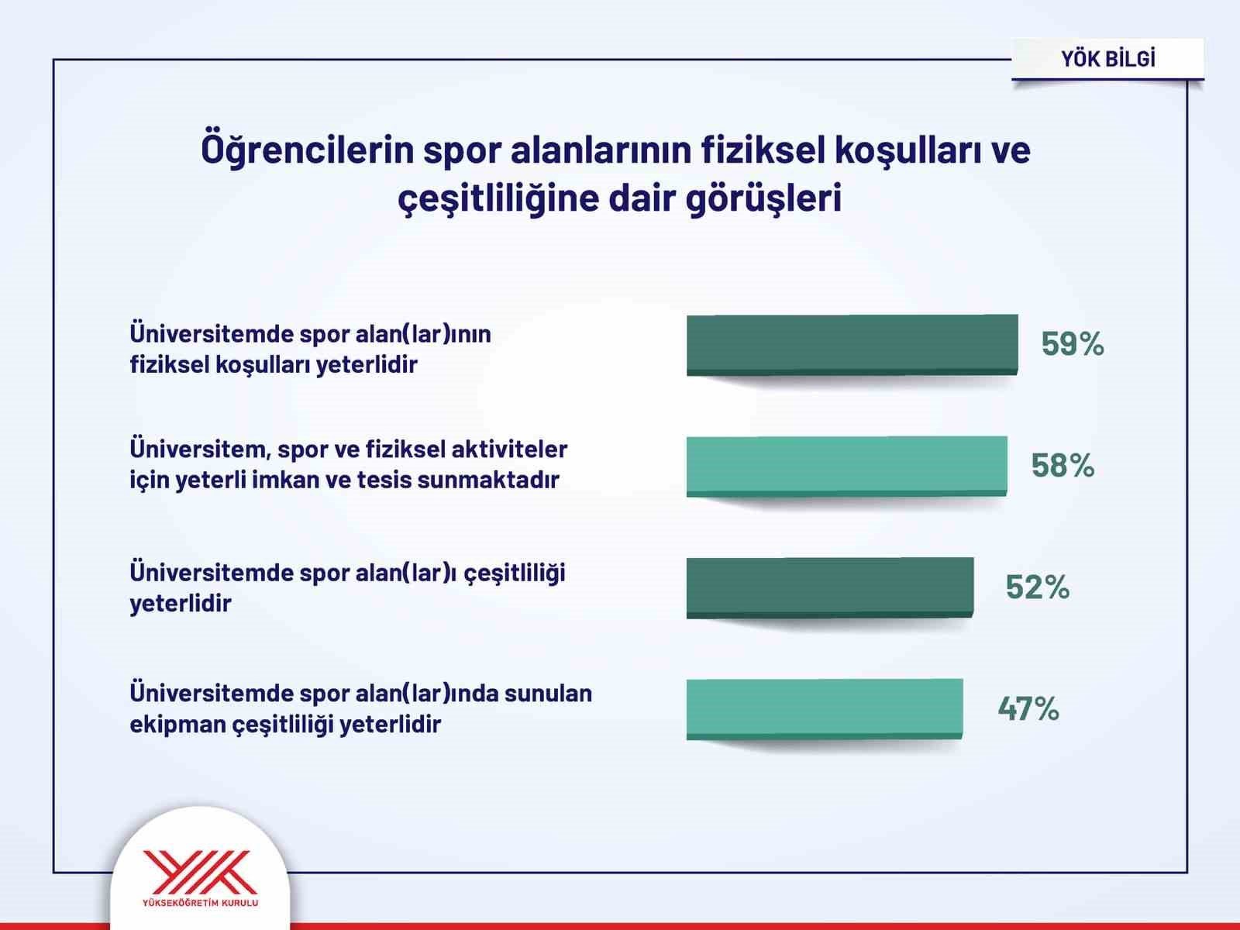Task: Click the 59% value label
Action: (x=1072, y=343)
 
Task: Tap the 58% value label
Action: (x=1062, y=466)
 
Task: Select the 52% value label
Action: (x=1037, y=587)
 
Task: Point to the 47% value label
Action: (x=1028, y=708)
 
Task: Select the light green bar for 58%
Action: (x=846, y=465)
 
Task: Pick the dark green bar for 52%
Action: (x=829, y=587)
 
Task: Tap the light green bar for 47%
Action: (x=824, y=708)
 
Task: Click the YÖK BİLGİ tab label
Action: (x=1107, y=59)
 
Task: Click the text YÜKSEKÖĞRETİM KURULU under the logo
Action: (x=200, y=904)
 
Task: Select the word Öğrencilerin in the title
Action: (x=307, y=150)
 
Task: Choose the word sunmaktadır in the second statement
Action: (x=487, y=480)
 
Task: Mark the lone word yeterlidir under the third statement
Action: (x=180, y=603)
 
